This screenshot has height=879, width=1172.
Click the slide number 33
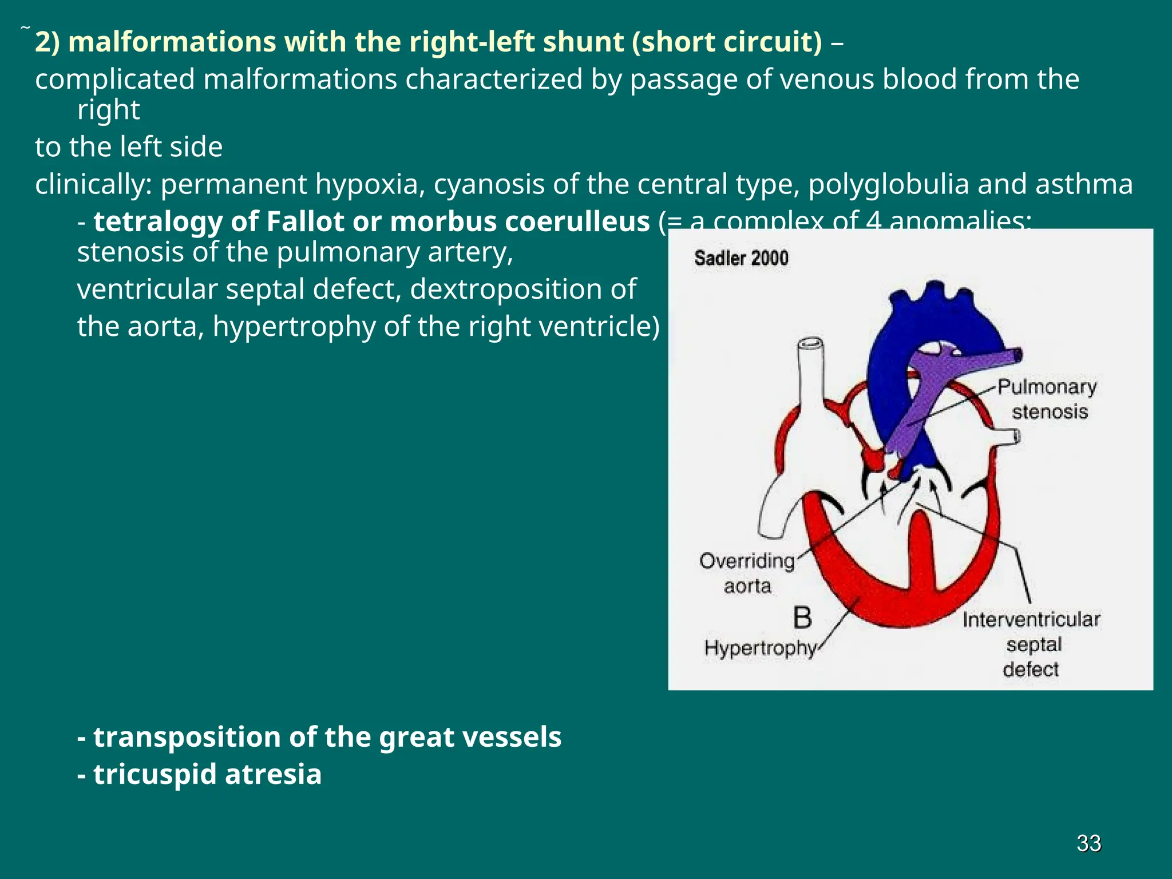click(x=1088, y=843)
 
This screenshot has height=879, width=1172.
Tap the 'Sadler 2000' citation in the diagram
click(x=741, y=258)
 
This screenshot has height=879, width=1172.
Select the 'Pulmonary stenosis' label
click(x=1047, y=399)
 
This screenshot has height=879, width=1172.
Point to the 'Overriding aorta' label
click(x=747, y=573)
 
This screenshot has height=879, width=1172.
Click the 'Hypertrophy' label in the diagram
click(x=760, y=648)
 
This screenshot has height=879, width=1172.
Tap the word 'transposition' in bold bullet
click(x=187, y=737)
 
